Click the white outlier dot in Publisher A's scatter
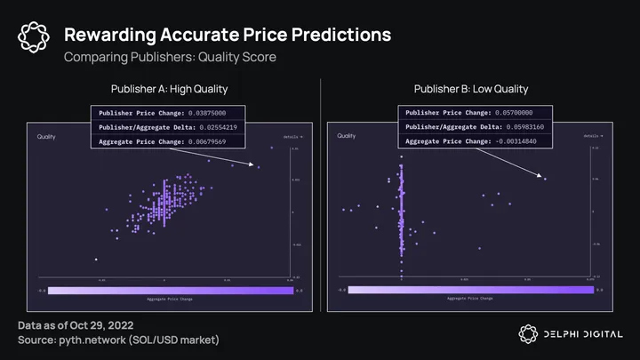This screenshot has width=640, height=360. click(x=96, y=260)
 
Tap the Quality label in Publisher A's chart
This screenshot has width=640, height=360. click(x=47, y=138)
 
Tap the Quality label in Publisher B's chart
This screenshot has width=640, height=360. click(x=348, y=136)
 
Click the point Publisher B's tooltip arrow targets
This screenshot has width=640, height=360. click(x=545, y=179)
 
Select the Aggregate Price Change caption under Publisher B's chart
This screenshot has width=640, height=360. click(x=469, y=299)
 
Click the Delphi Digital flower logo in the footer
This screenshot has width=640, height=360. click(x=527, y=333)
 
